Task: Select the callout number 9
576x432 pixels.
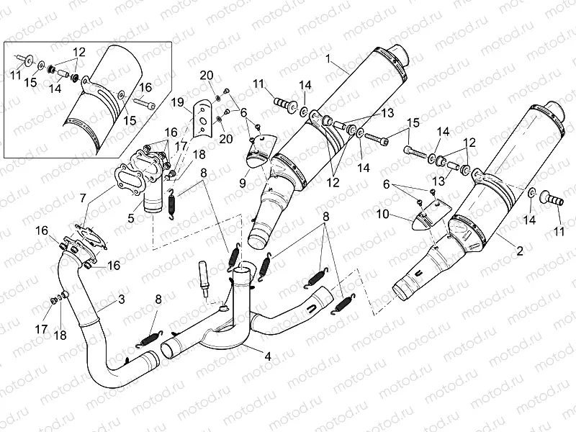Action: click(x=242, y=184)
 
